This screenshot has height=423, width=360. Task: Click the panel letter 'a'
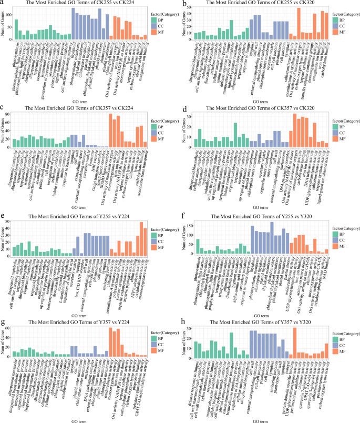coord(4,4)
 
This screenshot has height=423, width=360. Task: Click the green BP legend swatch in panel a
coord(153,19)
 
